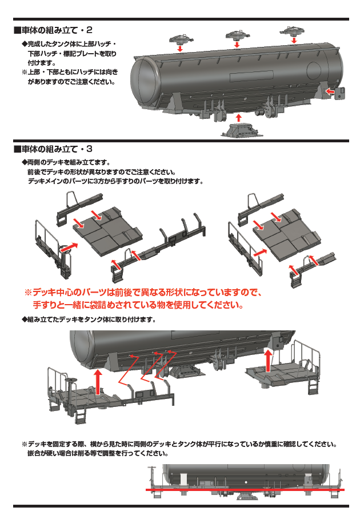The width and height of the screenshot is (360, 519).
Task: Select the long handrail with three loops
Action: coord(166,243)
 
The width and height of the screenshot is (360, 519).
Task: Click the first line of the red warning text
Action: coord(143,292)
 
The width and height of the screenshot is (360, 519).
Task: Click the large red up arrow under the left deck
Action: coord(99,379)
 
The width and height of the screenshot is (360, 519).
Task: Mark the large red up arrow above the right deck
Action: coord(269,362)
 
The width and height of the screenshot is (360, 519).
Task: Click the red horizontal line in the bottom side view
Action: coord(246,490)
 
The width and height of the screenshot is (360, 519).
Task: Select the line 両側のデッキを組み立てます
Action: coord(69,162)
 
